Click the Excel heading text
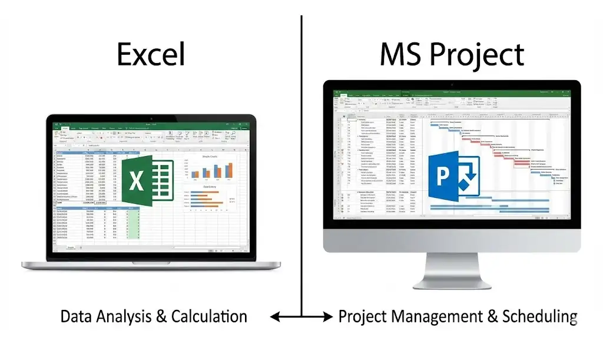click(151, 54)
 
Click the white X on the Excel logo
click(137, 180)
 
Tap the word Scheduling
click(539, 316)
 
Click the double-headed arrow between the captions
click(301, 317)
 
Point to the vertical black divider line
click(301, 147)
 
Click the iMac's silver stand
click(452, 271)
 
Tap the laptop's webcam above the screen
click(151, 118)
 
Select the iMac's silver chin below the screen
click(452, 242)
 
